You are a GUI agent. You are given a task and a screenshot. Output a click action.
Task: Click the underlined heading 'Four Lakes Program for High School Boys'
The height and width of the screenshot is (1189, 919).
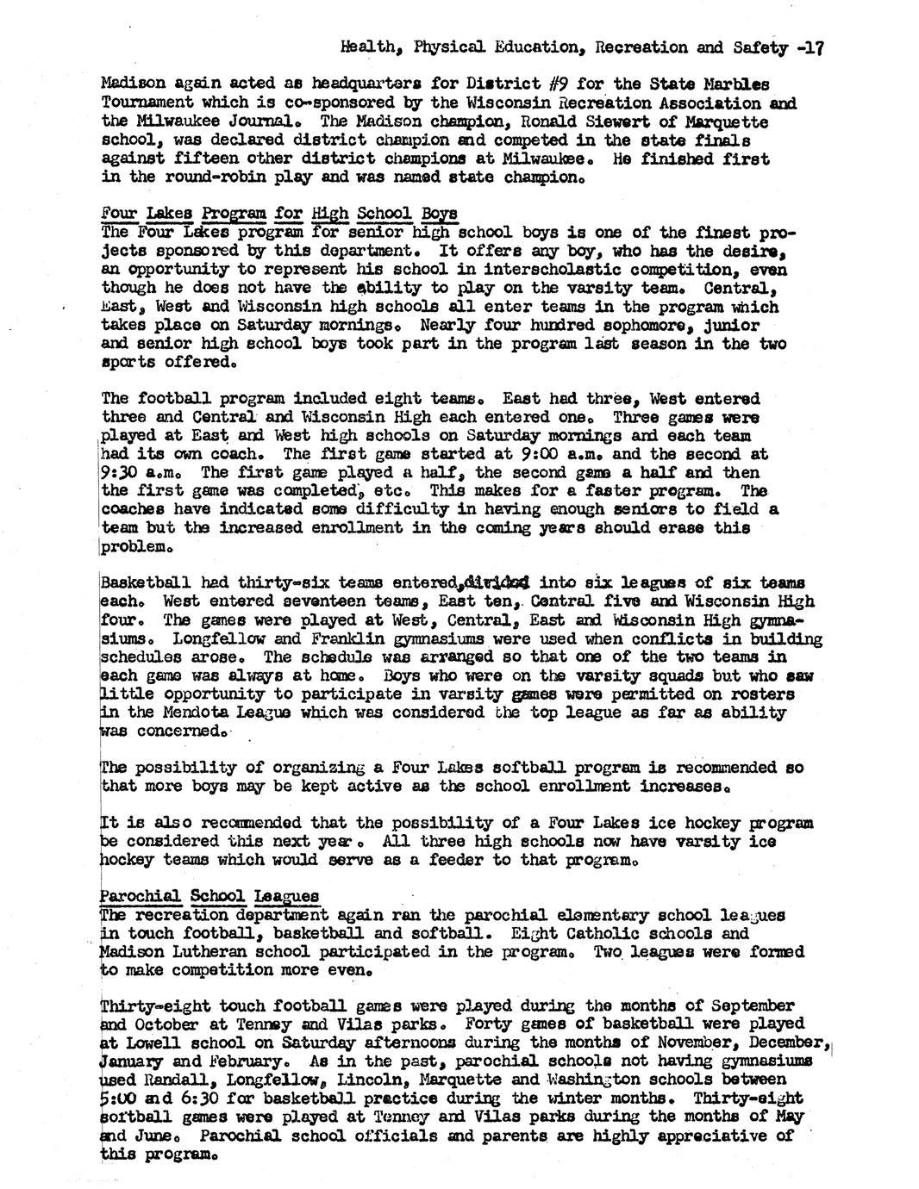[279, 214]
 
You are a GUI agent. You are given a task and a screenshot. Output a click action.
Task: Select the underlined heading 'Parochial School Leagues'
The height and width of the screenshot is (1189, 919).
[209, 896]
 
